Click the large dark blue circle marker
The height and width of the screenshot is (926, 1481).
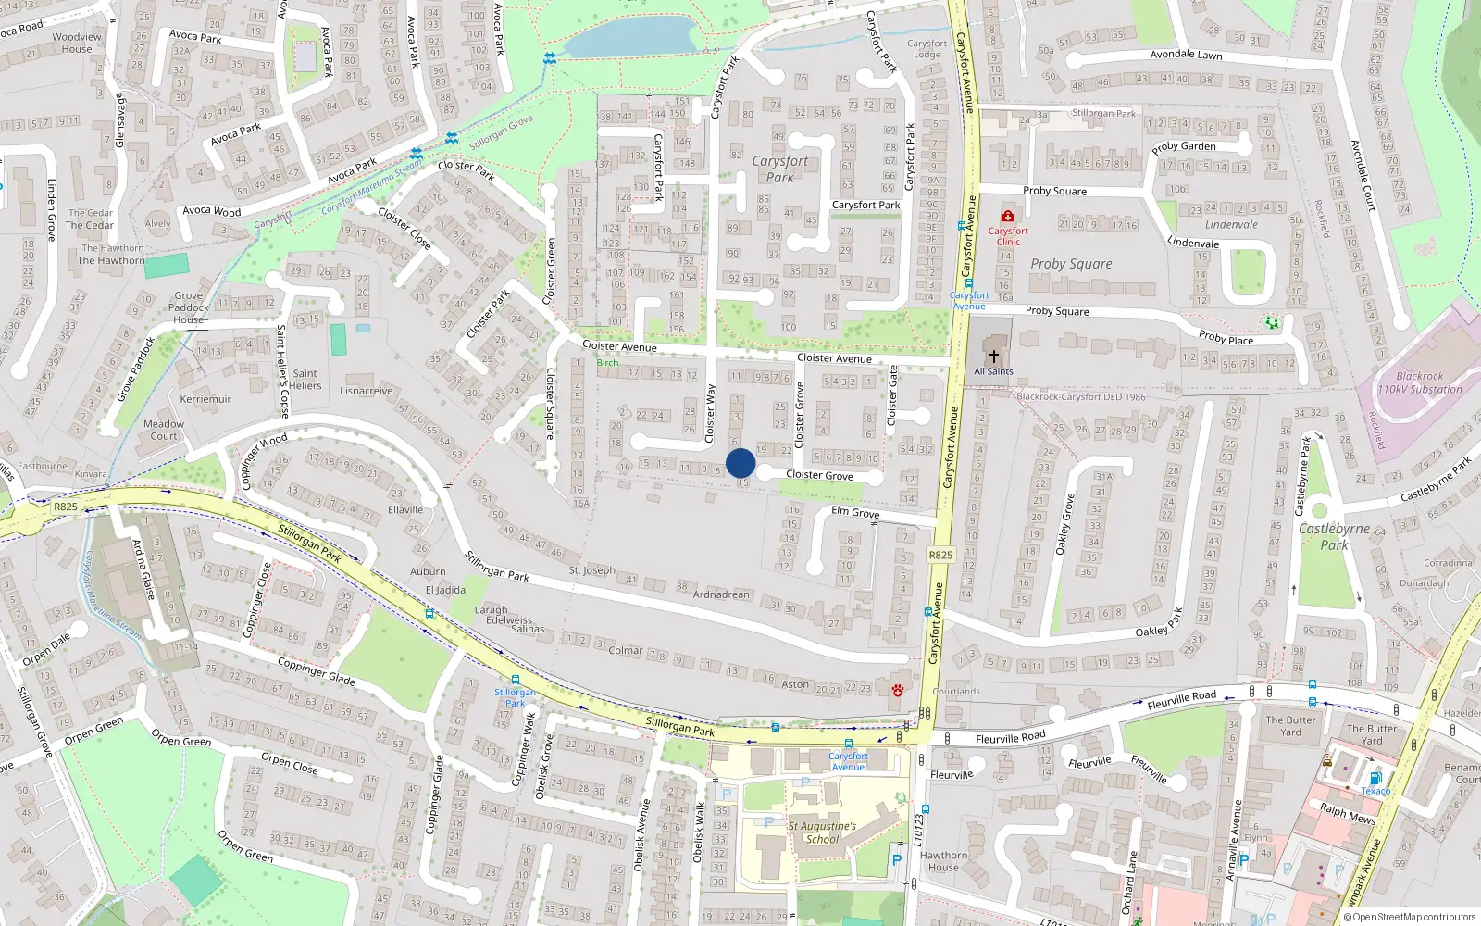[740, 463]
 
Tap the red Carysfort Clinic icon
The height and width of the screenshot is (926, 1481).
[1008, 217]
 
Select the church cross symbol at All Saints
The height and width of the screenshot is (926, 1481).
[994, 356]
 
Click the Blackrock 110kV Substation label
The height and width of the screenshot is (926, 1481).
[1420, 382]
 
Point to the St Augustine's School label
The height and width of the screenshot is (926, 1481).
[822, 832]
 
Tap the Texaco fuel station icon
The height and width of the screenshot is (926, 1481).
[1375, 778]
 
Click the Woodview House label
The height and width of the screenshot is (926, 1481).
[77, 44]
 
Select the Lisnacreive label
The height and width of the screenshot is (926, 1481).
[367, 391]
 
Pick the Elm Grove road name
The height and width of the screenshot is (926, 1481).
[855, 512]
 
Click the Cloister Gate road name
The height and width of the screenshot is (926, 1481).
[893, 395]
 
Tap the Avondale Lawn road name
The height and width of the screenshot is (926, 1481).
[1186, 55]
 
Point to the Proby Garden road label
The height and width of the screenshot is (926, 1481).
[1184, 146]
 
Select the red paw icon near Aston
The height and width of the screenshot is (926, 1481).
[898, 690]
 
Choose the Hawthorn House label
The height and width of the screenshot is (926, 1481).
[943, 861]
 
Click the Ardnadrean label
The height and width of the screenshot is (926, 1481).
[721, 594]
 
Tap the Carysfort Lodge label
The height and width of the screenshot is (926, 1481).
[927, 49]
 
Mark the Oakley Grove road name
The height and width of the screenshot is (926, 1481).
[1066, 524]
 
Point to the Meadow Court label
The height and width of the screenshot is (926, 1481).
[164, 430]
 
